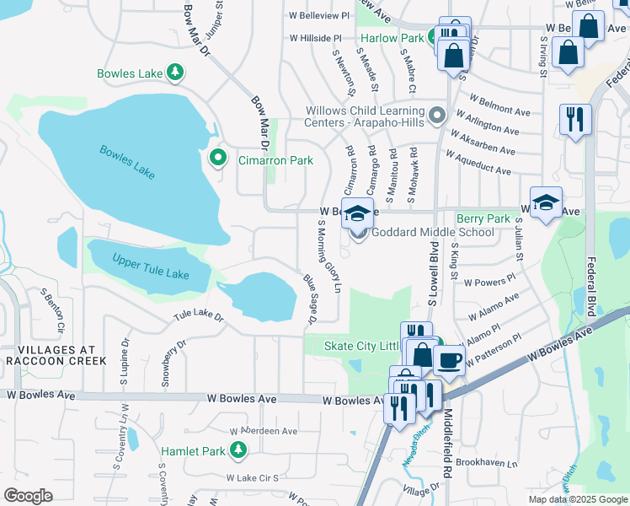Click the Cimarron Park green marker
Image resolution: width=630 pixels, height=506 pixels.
(218, 158)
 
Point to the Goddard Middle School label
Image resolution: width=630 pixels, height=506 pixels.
(433, 233)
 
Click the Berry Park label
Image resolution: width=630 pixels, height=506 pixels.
(483, 218)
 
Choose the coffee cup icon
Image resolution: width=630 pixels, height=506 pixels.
(449, 362)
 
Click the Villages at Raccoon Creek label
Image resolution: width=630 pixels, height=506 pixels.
(54, 354)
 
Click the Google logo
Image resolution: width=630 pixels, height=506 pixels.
(29, 496)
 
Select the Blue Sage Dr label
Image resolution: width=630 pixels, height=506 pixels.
(307, 297)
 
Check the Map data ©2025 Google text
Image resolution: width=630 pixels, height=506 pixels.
(577, 499)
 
